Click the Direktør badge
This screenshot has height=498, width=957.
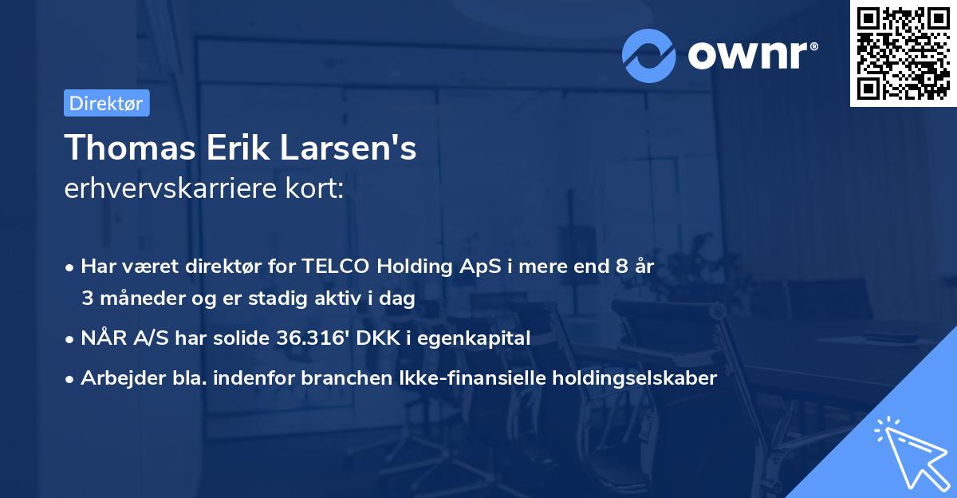[106, 103]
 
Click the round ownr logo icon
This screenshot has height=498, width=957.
[648, 55]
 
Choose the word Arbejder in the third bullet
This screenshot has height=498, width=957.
[117, 378]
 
